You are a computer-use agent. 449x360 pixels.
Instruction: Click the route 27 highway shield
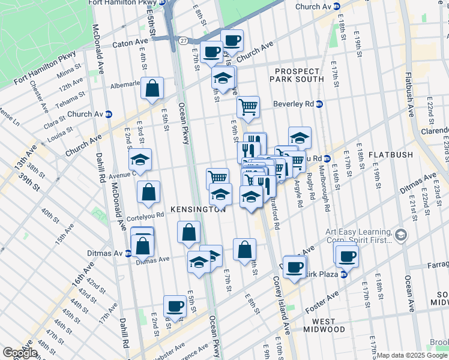pyautogui.click(x=182, y=40)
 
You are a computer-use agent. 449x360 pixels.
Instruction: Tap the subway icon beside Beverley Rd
pyautogui.click(x=319, y=104)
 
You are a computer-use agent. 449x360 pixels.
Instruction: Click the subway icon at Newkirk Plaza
pyautogui.click(x=344, y=274)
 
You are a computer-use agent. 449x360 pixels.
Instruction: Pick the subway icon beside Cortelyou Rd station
pyautogui.click(x=327, y=158)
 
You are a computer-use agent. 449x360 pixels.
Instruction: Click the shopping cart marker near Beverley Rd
pyautogui.click(x=248, y=107)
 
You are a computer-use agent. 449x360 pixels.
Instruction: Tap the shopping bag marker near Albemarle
pyautogui.click(x=153, y=88)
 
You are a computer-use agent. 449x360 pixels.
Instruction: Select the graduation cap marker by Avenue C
pyautogui.click(x=140, y=160)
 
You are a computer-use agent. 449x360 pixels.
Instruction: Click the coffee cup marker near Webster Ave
pyautogui.click(x=175, y=305)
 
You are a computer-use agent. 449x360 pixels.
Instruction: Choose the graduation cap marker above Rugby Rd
pyautogui.click(x=300, y=138)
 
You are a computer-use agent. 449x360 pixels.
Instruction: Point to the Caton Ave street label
pyautogui.click(x=131, y=44)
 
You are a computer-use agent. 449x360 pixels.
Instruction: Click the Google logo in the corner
pyautogui.click(x=20, y=353)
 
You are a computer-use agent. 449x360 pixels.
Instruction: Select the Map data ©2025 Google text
pyautogui.click(x=412, y=355)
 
